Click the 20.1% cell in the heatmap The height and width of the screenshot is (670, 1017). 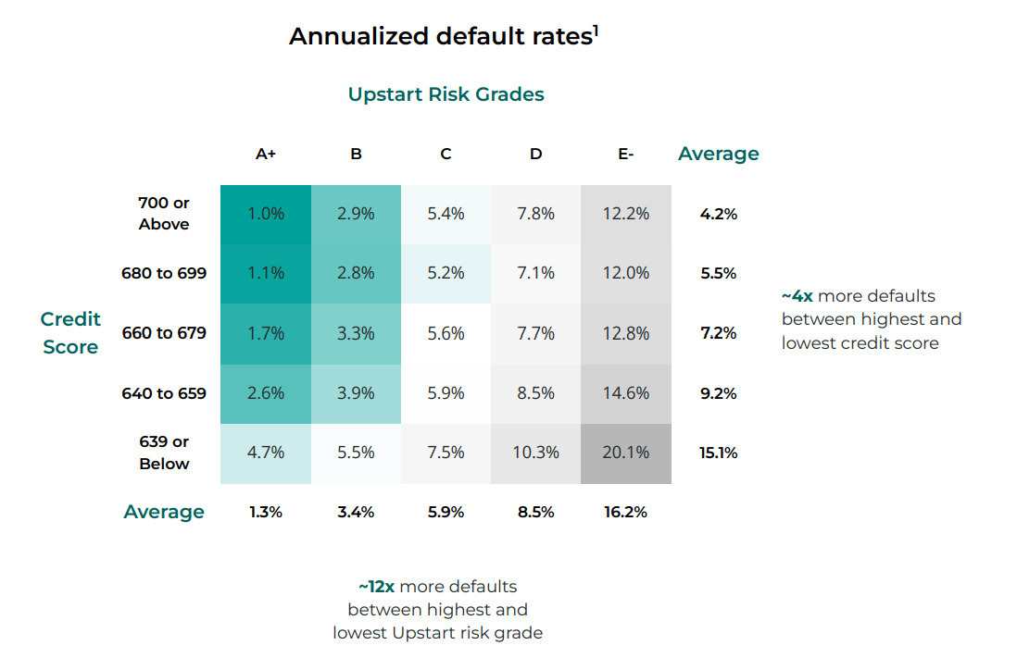tap(626, 453)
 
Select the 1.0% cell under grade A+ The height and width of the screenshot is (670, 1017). tap(266, 215)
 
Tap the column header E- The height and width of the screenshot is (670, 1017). tap(626, 155)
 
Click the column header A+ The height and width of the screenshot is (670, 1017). tap(266, 155)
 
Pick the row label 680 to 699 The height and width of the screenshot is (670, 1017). tap(164, 273)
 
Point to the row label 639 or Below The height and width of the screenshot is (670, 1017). tap(164, 453)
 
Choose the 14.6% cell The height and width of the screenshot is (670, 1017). tap(626, 393)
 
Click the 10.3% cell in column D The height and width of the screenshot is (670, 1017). tap(535, 453)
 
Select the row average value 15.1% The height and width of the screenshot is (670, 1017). tap(719, 453)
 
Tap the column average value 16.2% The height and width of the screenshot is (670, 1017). tap(626, 513)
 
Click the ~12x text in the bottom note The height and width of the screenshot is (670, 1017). tap(377, 587)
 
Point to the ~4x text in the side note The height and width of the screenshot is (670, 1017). tap(797, 296)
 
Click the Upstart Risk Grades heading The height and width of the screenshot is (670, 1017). tap(446, 94)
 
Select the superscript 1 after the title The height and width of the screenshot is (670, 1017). tap(596, 31)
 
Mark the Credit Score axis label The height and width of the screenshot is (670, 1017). tap(70, 333)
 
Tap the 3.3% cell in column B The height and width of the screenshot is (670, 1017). tap(356, 334)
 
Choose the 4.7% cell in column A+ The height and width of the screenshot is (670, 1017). tap(266, 453)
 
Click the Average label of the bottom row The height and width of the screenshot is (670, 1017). tap(164, 512)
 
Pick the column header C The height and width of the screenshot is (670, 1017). tap(446, 155)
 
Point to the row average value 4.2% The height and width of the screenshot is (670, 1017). tap(719, 215)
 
